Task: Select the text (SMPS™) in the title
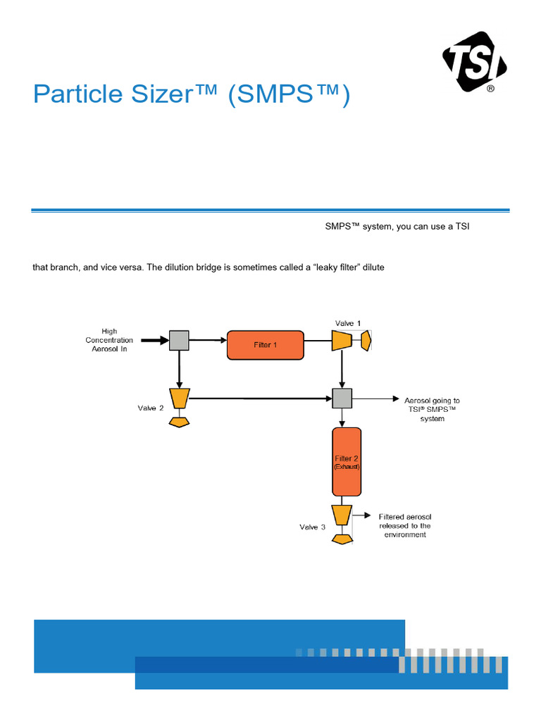point(288,94)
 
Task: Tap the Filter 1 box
point(265,345)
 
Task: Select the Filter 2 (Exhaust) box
point(347,462)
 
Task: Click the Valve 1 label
point(347,323)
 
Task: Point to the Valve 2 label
point(151,408)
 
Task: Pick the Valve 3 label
point(312,527)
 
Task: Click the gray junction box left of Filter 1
point(180,341)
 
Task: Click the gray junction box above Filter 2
point(342,399)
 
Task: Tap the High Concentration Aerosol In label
point(109,340)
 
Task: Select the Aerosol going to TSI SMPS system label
point(432,409)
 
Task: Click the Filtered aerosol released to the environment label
point(404,525)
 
